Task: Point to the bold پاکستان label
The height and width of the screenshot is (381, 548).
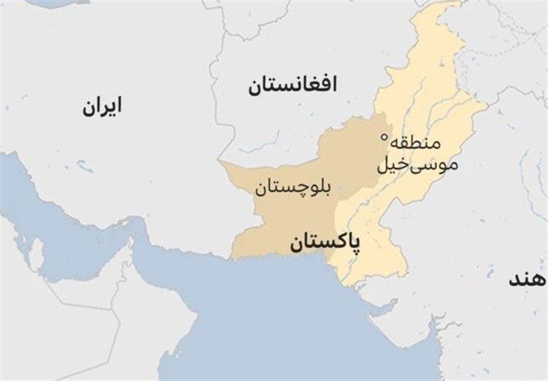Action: pyautogui.click(x=326, y=243)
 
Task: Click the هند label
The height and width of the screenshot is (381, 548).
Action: pyautogui.click(x=528, y=280)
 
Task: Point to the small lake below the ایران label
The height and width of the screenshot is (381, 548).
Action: pyautogui.click(x=82, y=163)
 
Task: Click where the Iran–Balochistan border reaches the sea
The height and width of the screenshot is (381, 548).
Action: pyautogui.click(x=232, y=258)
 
